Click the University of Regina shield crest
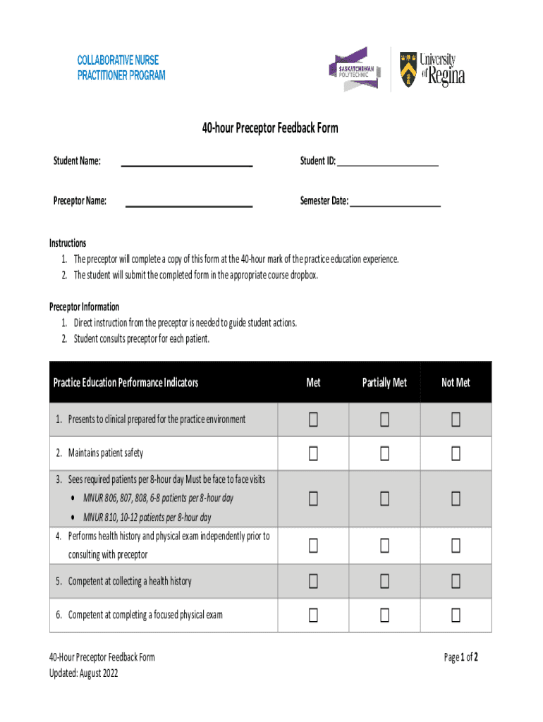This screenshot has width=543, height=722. [408, 69]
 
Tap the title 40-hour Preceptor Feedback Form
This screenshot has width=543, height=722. [270, 128]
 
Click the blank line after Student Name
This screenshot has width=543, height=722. [187, 165]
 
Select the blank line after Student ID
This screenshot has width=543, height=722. [387, 164]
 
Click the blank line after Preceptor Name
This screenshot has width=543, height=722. [188, 204]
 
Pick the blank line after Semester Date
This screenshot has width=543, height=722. [394, 204]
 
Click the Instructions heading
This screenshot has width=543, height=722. [68, 243]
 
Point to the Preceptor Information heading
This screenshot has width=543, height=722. [84, 307]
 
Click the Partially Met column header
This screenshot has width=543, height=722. [384, 382]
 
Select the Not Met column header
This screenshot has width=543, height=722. [456, 382]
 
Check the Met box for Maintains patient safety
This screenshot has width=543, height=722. [313, 453]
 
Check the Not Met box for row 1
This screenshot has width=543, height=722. [456, 420]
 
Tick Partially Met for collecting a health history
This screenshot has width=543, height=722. [384, 581]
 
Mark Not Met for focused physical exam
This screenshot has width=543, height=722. [456, 615]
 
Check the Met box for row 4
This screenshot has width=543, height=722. [313, 546]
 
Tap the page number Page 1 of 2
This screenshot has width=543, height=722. [461, 657]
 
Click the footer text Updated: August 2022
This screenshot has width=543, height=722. [83, 673]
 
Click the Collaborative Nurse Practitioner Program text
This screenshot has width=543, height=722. [121, 68]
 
